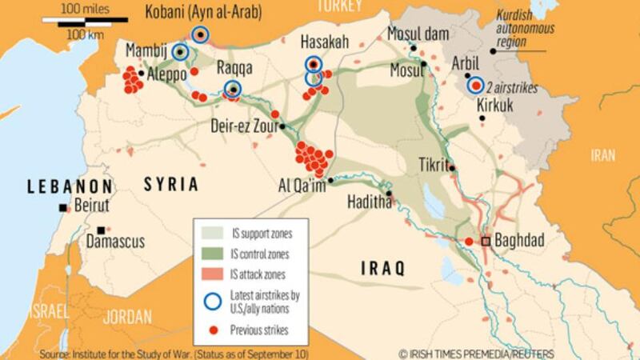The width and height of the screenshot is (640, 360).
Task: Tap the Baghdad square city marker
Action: pyautogui.click(x=486, y=241)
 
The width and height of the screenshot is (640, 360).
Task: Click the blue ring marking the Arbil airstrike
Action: pyautogui.click(x=476, y=85)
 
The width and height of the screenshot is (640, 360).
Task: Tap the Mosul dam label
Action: pyautogui.click(x=414, y=33)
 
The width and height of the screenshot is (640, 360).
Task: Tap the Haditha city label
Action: pyautogui.click(x=370, y=204)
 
